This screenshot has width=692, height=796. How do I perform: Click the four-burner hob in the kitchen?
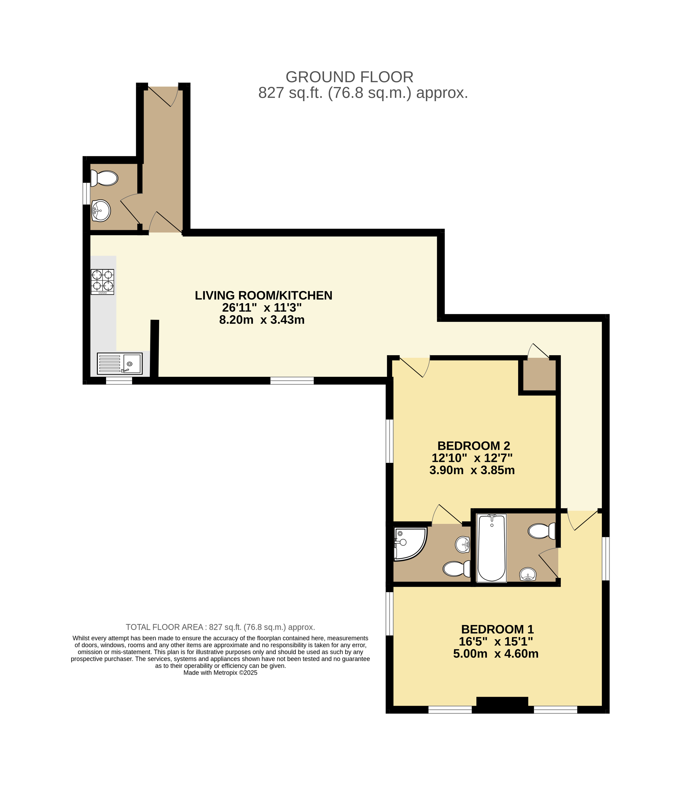[102, 282]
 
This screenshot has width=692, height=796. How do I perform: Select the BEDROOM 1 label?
[497, 629]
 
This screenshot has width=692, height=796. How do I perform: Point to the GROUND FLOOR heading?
[349, 77]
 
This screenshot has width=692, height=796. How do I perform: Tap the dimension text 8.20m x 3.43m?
[262, 320]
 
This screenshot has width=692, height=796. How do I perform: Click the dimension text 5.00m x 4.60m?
[496, 654]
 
